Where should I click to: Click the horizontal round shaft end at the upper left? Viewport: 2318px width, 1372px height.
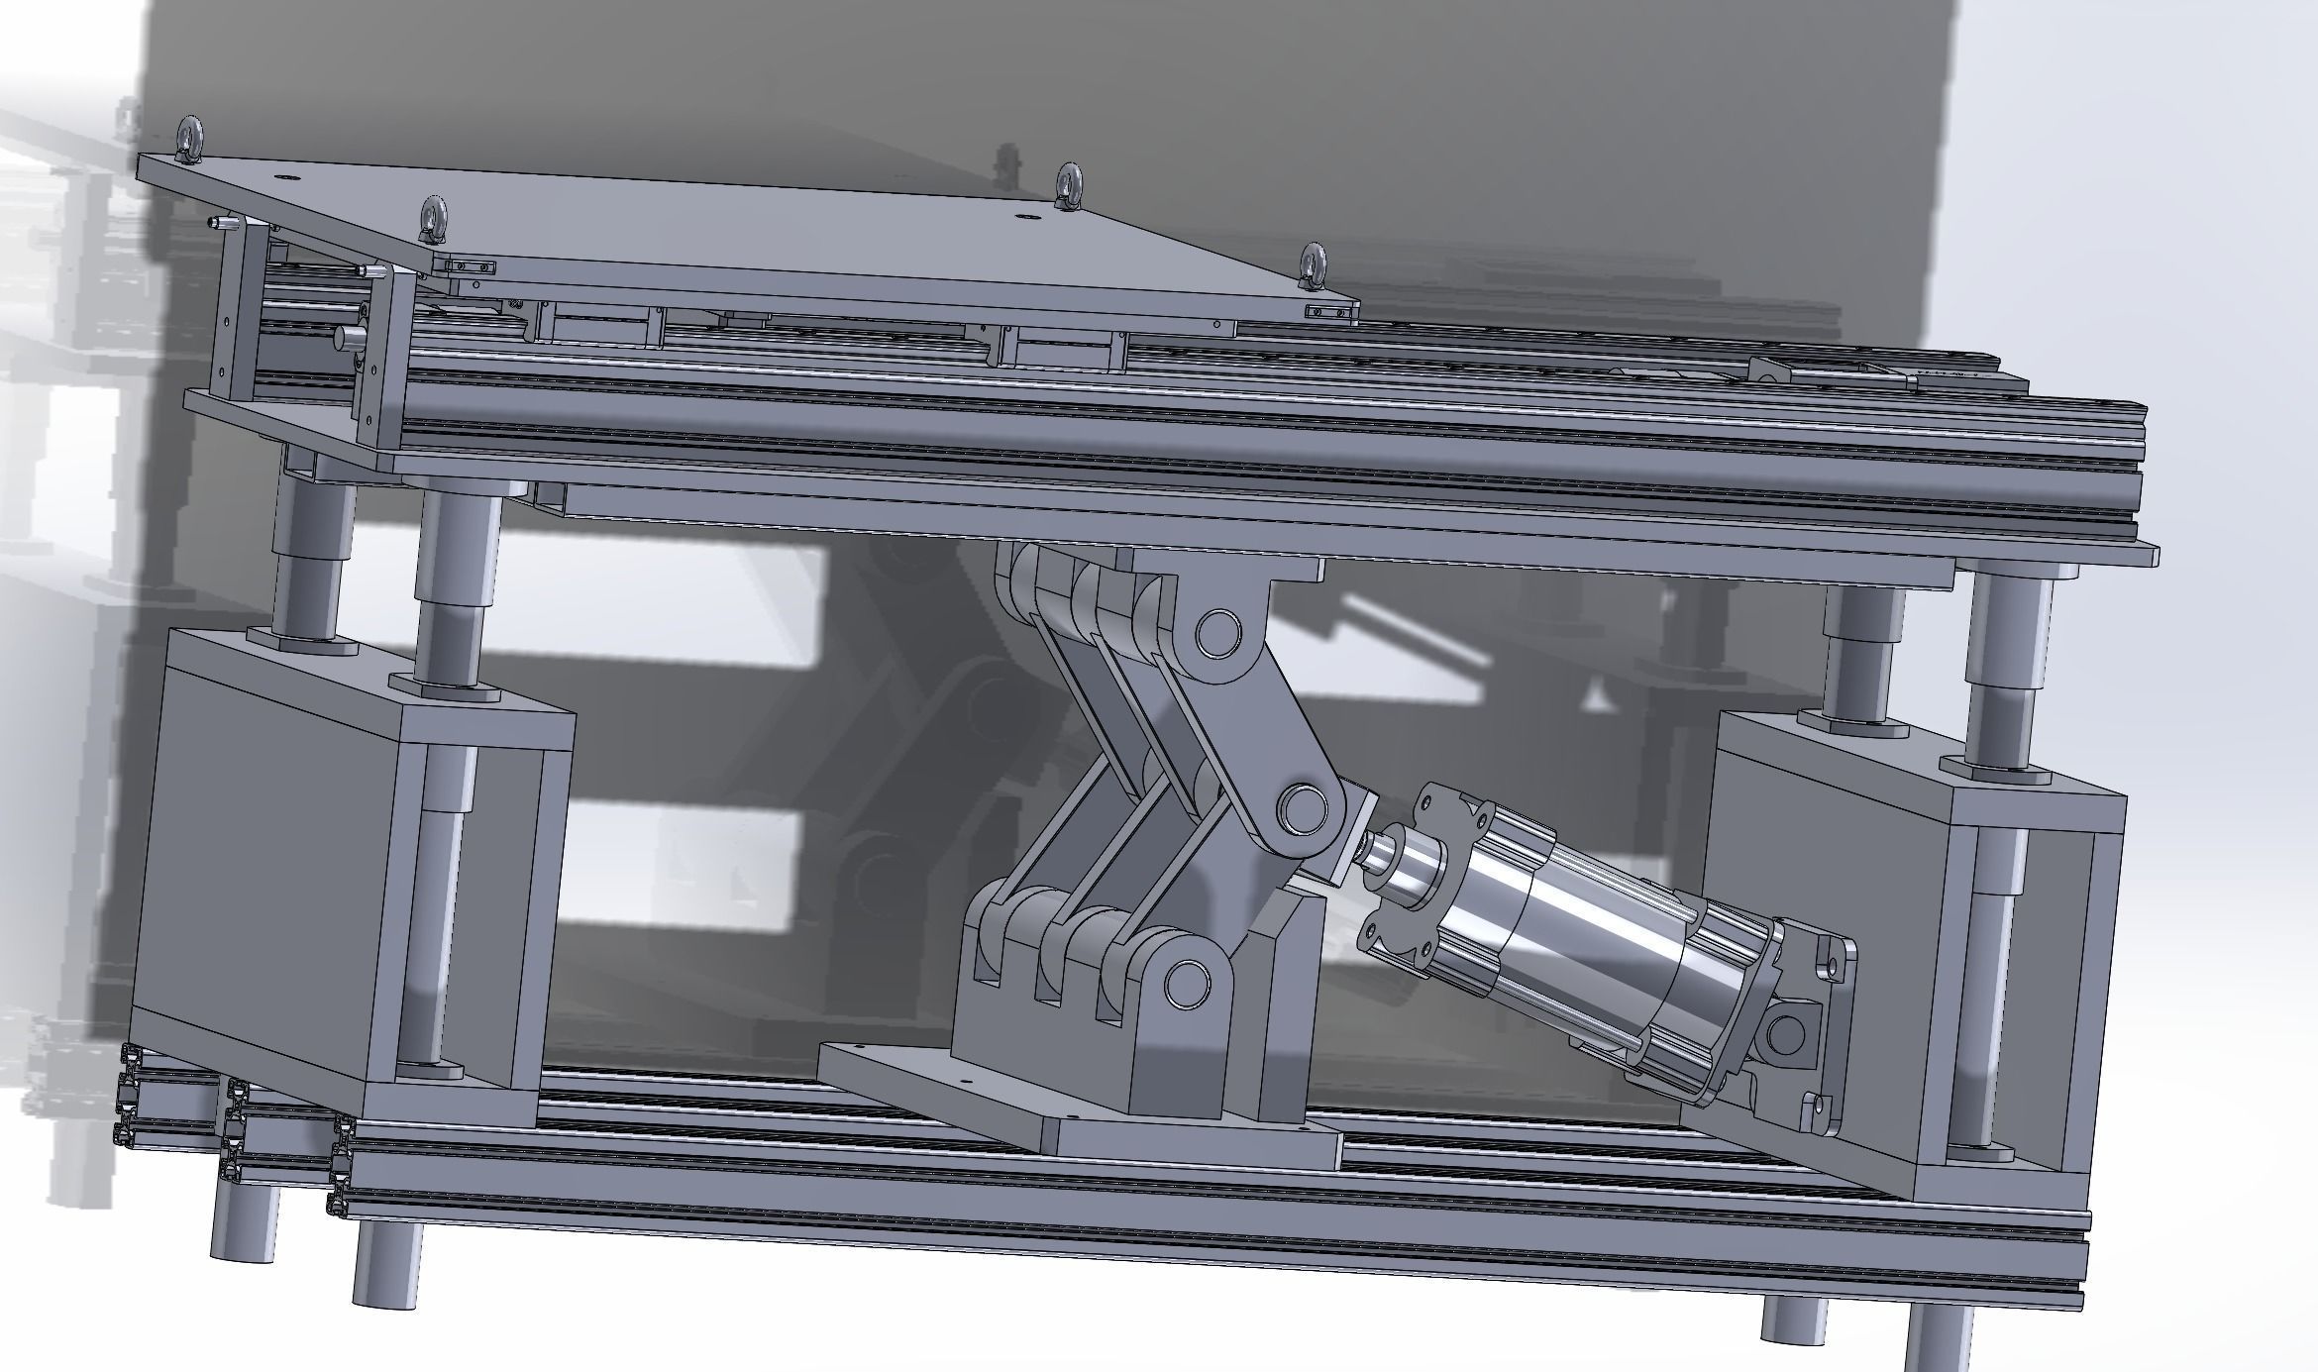pos(347,336)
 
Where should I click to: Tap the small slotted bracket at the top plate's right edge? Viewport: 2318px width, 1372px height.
pos(1327,313)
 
